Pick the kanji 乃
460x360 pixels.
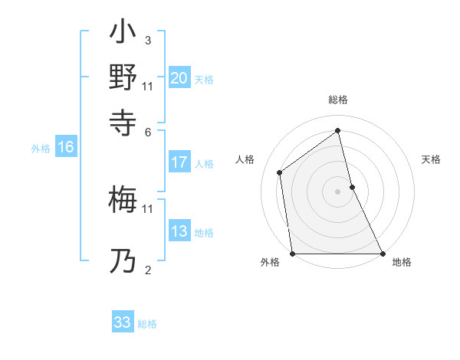[x=123, y=260]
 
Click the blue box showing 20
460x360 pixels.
[x=179, y=78]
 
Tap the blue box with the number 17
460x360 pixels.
[x=179, y=162]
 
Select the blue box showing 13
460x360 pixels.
[x=179, y=231]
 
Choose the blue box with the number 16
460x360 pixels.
[x=66, y=148]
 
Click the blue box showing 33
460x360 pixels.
[x=123, y=322]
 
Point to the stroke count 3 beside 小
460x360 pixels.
[x=147, y=40]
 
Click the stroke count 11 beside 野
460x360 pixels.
[x=148, y=85]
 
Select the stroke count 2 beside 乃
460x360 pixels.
[x=147, y=270]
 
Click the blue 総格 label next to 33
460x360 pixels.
[x=147, y=324]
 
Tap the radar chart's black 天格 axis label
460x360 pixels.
[x=432, y=159]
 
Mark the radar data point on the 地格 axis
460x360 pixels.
[x=383, y=254]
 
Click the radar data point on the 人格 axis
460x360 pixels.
[x=280, y=172]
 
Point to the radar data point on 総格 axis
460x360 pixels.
[x=337, y=130]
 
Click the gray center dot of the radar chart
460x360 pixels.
[x=337, y=191]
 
